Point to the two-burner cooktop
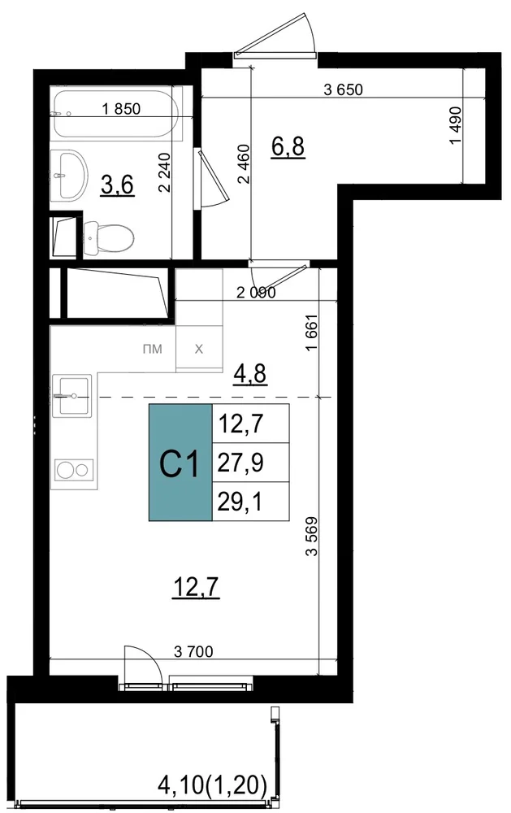(74, 470)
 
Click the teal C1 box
(180, 462)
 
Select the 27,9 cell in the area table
(251, 462)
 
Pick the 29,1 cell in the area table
(251, 501)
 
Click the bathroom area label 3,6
(118, 185)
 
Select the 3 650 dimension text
(343, 89)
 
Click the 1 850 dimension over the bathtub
(121, 109)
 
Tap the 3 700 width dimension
(193, 650)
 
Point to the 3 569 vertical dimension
(311, 537)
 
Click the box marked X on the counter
(199, 349)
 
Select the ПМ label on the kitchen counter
(153, 349)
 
